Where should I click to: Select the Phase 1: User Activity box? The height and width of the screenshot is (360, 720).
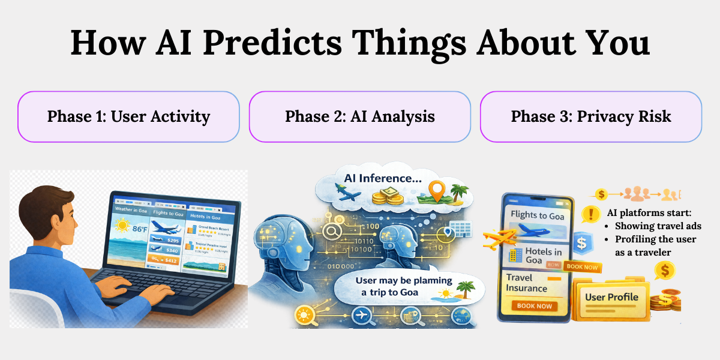coord(128,116)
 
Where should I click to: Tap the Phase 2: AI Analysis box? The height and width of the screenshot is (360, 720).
coord(359,116)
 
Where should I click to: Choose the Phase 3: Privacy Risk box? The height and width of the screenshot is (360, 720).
coord(590,116)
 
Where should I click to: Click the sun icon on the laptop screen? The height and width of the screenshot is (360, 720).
coord(124,226)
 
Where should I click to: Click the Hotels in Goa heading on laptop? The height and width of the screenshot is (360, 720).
coord(205,217)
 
